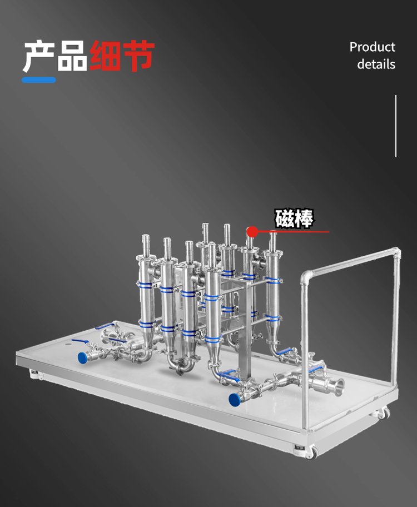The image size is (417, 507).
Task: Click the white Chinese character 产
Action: (x=39, y=56)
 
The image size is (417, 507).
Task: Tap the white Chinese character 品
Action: (x=72, y=56)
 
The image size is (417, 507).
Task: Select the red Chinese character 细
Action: (x=106, y=56)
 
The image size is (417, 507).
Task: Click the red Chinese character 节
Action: (x=138, y=56)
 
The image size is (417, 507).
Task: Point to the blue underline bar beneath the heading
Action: (x=39, y=79)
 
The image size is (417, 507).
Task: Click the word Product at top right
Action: (x=373, y=47)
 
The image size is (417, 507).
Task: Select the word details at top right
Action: (x=376, y=64)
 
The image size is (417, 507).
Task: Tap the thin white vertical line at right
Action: (x=396, y=126)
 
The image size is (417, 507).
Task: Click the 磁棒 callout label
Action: (x=294, y=218)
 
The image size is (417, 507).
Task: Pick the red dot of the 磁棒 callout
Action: (x=252, y=231)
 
